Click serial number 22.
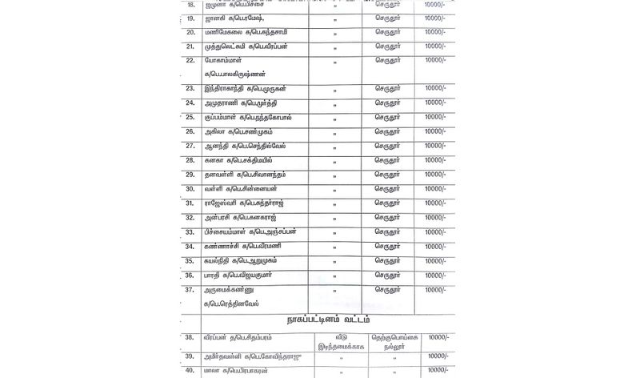190,60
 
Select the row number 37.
190,290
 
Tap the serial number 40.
190,371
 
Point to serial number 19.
190,18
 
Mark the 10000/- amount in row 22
435,60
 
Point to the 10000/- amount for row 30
435,189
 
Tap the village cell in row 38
392,344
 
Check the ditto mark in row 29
334,176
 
